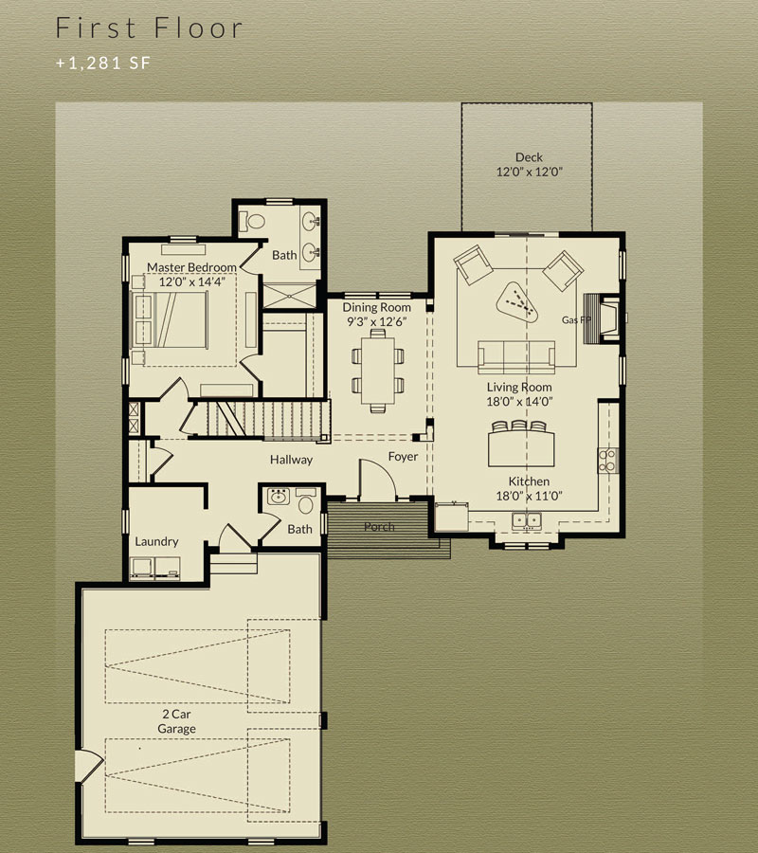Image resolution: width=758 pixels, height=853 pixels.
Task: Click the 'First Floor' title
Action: [149, 27]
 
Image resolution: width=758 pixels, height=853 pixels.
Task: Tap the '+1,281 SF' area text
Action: [102, 64]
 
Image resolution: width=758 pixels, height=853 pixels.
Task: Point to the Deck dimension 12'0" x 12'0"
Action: [529, 172]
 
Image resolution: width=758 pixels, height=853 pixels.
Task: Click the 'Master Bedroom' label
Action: [191, 267]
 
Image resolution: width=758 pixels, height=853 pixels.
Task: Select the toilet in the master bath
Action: [252, 221]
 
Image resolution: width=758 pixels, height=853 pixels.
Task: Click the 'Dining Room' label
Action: [376, 307]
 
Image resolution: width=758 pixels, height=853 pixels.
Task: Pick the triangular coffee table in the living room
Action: [517, 302]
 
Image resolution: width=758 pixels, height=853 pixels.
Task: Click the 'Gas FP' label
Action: [576, 320]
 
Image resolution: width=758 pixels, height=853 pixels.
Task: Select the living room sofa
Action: [516, 357]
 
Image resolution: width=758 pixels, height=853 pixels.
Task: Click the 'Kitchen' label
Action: [529, 481]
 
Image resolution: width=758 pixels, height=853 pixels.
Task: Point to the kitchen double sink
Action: [527, 520]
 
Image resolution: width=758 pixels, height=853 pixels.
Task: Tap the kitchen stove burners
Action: [607, 461]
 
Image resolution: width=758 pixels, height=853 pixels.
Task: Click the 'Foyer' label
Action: [403, 457]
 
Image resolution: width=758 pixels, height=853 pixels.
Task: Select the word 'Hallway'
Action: [292, 461]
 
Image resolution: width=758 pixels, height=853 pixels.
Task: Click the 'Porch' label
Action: [379, 527]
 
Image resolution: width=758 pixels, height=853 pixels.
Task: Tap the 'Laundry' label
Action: [156, 542]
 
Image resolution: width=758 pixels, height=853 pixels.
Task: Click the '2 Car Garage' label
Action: [177, 721]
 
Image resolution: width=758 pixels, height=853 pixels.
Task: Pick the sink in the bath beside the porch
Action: [279, 497]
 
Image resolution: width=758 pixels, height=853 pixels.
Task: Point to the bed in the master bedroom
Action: [171, 320]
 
